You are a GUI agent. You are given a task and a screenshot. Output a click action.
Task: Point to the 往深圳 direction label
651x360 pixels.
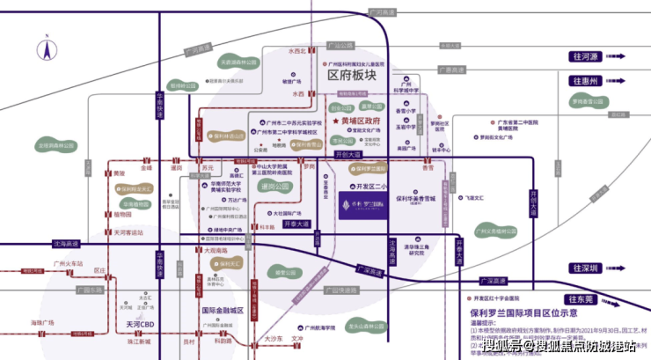583,268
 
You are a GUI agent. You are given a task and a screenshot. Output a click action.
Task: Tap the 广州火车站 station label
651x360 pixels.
68,263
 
